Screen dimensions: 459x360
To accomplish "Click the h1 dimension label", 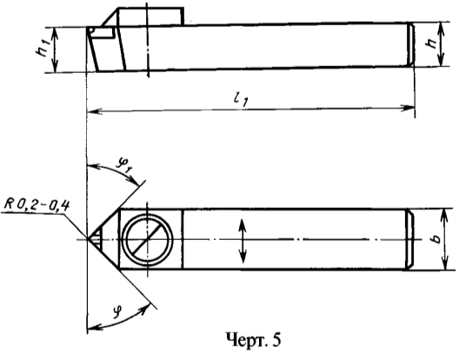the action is [43, 48].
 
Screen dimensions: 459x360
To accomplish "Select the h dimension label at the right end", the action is [431, 43].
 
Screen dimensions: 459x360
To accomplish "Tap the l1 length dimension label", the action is [241, 100].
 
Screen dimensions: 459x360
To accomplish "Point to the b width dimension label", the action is [436, 238].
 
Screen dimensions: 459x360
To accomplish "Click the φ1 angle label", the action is [124, 165].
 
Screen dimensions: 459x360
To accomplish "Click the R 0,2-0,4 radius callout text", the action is [37, 205].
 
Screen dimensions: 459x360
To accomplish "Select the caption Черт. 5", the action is [253, 340].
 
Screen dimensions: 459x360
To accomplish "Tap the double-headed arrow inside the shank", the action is [242, 241].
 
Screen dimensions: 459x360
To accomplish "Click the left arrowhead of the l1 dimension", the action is [94, 111].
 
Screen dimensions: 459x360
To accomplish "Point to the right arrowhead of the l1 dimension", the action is [408, 108].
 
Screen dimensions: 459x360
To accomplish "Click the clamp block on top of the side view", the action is [150, 17].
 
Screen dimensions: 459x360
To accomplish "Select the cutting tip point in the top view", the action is [88, 239].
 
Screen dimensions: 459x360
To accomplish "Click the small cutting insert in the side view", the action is [102, 32].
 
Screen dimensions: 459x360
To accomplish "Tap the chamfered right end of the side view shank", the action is [411, 45].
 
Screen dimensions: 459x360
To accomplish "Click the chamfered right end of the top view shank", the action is [409, 239].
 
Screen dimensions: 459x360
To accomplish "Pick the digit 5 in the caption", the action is [276, 340].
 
